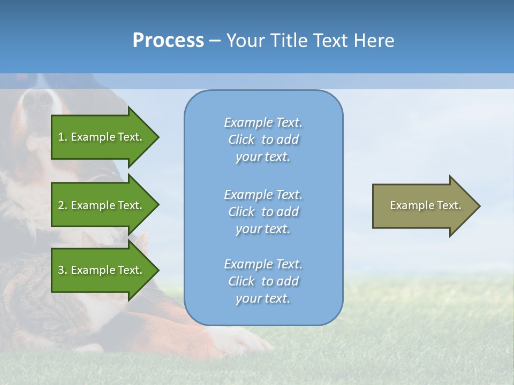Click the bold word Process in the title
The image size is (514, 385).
168,41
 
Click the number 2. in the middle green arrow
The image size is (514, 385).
63,205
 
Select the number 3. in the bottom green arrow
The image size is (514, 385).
63,270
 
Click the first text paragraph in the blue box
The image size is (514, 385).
263,140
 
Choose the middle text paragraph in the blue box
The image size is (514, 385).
263,212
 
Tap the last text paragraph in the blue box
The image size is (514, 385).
263,281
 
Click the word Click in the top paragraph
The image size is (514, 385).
241,140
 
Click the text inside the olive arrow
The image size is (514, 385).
425,205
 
